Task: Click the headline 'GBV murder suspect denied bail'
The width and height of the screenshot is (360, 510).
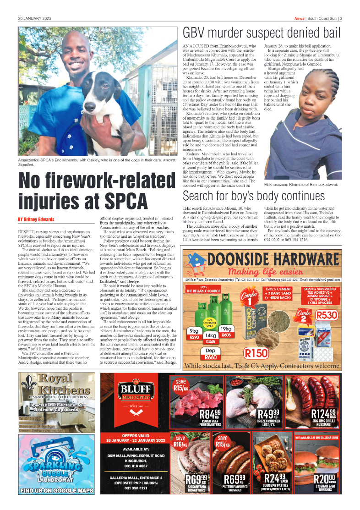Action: [262, 33]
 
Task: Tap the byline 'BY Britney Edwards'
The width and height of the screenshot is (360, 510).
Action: [36, 219]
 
